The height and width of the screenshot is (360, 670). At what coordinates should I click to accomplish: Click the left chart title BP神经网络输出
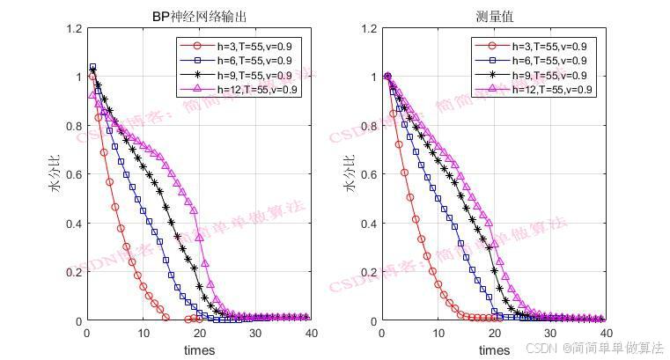pyautogui.click(x=199, y=17)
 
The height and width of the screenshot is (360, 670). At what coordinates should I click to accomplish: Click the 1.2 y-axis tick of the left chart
pyautogui.click(x=73, y=28)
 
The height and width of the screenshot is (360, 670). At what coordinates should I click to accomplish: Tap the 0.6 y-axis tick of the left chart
pyautogui.click(x=73, y=174)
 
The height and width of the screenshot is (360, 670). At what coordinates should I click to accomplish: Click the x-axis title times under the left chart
pyautogui.click(x=199, y=350)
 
